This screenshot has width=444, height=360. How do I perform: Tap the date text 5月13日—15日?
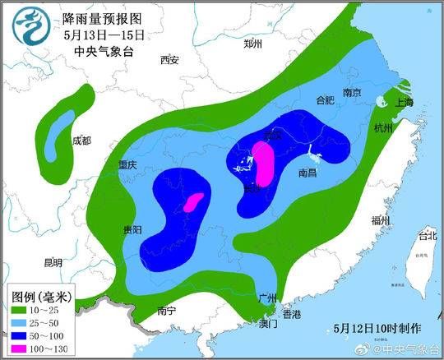click(104, 35)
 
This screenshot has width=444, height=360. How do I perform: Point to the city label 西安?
click(169, 60)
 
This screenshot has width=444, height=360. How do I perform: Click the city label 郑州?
click(252, 44)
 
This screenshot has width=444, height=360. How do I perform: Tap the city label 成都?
click(81, 141)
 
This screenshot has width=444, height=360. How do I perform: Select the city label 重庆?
click(126, 164)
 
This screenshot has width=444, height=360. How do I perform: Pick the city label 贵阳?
click(131, 229)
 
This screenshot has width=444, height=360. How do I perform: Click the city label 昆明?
click(53, 263)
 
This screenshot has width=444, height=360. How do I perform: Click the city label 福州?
click(380, 219)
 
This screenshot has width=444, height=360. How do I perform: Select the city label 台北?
click(428, 236)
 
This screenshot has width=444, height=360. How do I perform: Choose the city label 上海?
click(404, 103)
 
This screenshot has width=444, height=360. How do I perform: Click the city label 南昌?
click(308, 173)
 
